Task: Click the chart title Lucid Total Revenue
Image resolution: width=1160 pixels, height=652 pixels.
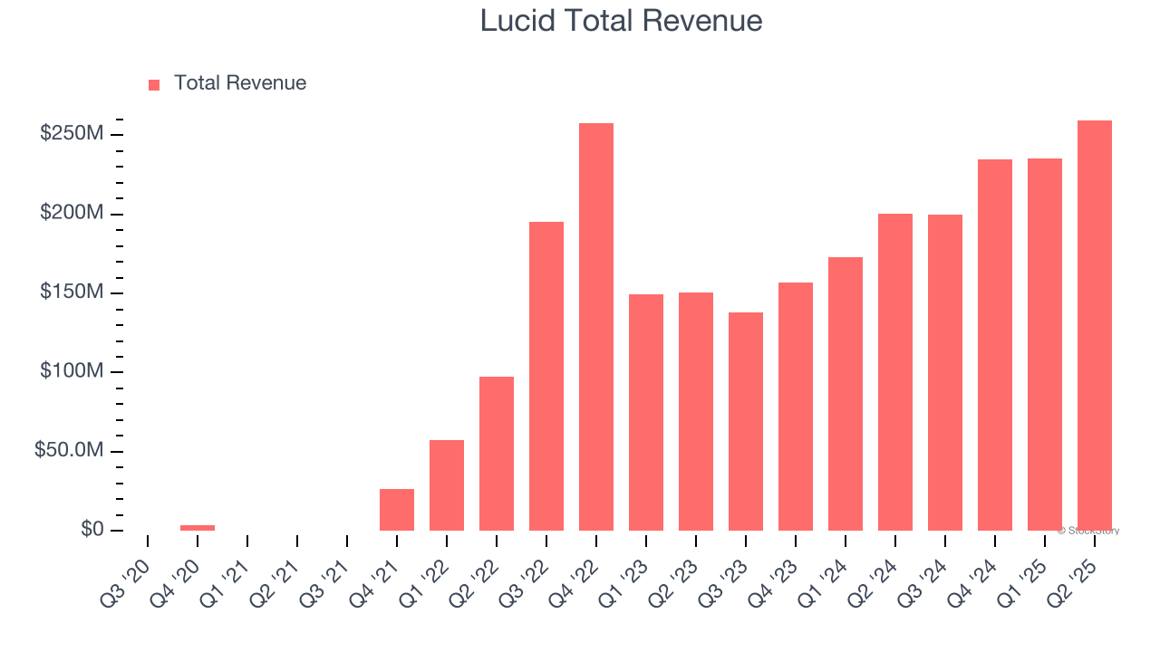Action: coord(621,21)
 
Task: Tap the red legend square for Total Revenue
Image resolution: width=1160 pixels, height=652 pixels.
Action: coord(154,84)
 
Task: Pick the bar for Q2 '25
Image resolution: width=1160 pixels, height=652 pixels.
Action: coord(1095,325)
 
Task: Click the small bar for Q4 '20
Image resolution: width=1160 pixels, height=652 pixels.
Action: coord(198,527)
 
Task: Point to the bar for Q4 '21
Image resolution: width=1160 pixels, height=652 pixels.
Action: coord(397,510)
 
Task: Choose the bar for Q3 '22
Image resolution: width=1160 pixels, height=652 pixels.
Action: coord(546,376)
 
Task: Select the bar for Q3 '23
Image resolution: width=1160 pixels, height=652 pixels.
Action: coord(746,421)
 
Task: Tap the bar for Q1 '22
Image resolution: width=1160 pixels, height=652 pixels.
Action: coord(447,485)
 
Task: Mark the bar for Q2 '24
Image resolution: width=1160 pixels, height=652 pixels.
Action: coord(895,371)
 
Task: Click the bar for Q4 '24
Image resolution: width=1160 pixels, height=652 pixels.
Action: coord(995,344)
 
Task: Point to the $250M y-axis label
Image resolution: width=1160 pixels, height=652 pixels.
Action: coord(72,134)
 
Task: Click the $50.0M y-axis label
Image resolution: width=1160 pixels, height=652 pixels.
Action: coord(69,451)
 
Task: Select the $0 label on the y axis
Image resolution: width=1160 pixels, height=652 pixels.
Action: coord(92,530)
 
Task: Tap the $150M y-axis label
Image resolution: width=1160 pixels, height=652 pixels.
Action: coord(72,292)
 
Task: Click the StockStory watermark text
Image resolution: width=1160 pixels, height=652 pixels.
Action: coord(1088,531)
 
